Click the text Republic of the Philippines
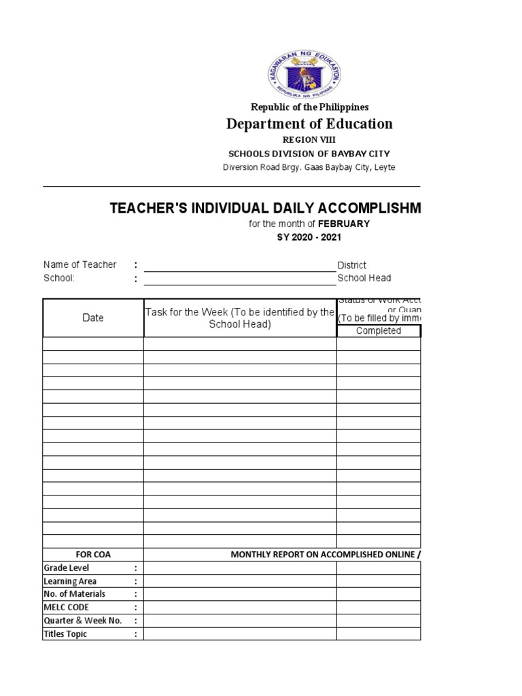(x=309, y=107)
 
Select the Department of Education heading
(x=309, y=124)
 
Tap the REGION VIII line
(x=309, y=139)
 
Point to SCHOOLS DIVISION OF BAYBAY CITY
(x=309, y=154)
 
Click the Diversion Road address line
(x=309, y=167)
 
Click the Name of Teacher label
(x=80, y=264)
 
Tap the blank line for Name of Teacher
(x=239, y=265)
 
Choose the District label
(x=352, y=265)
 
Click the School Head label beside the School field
(x=364, y=278)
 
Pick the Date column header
(x=93, y=317)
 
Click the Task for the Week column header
(x=240, y=318)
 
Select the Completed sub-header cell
(x=379, y=331)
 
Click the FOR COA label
(x=93, y=555)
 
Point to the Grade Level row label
(x=67, y=568)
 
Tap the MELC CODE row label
(x=66, y=607)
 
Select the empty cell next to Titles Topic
(x=240, y=634)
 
